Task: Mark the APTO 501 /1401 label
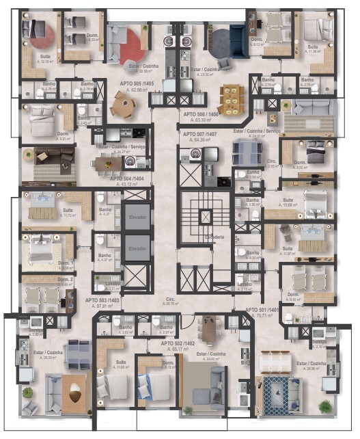(x=281, y=310)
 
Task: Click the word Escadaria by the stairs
(x=205, y=237)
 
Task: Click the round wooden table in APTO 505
(x=124, y=105)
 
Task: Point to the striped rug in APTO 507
(x=308, y=122)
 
